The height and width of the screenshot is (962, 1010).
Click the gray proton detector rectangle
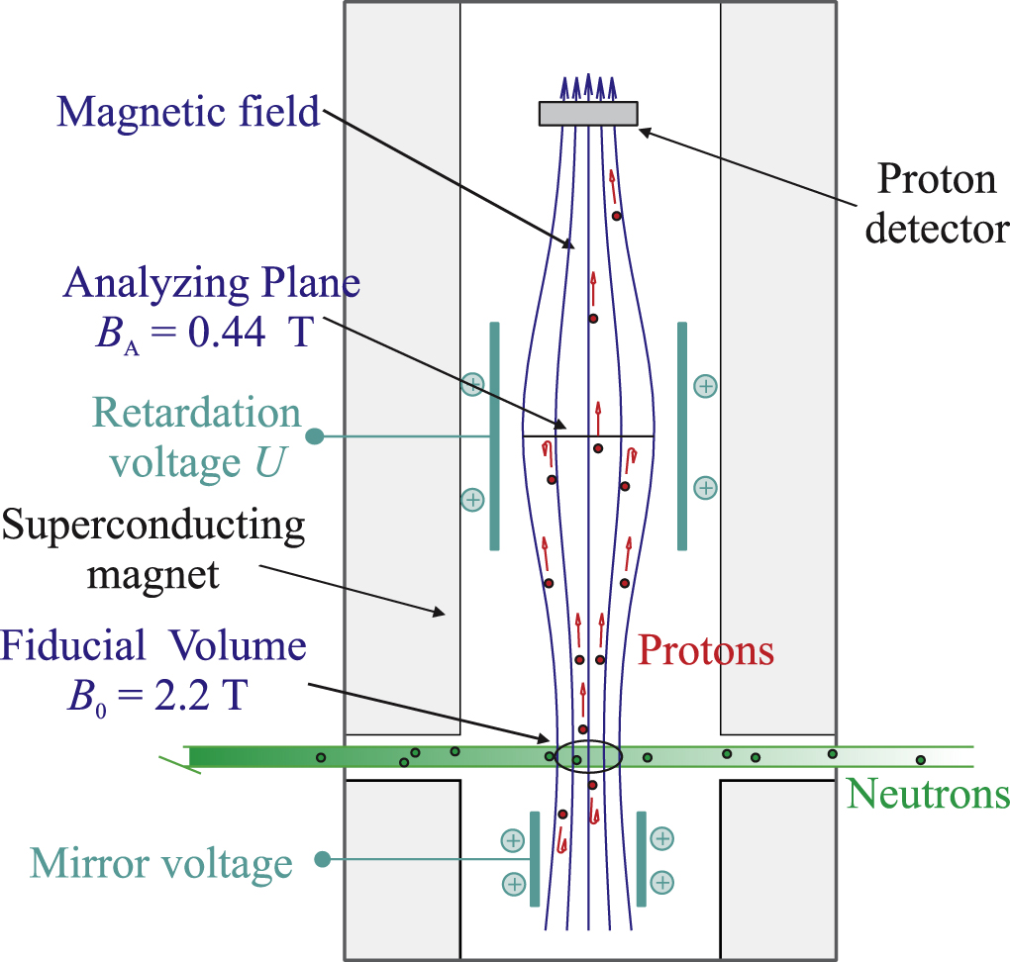(587, 114)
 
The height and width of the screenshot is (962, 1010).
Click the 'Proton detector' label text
(936, 204)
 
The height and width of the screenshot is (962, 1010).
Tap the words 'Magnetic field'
(188, 111)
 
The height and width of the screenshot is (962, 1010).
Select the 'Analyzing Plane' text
(212, 284)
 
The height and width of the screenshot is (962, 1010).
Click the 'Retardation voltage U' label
(196, 436)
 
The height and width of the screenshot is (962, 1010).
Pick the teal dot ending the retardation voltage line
(315, 435)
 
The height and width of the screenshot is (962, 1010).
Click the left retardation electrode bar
(494, 435)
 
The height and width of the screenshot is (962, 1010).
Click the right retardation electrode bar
(681, 435)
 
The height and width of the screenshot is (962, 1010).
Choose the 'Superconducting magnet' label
(153, 548)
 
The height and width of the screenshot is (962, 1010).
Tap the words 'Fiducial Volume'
(153, 647)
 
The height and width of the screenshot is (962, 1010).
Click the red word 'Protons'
(705, 650)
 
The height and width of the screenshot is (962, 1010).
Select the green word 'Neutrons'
(929, 794)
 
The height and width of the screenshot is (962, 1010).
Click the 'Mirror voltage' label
(161, 863)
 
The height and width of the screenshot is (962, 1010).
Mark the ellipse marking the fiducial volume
(588, 757)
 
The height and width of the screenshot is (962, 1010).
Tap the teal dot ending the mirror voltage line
(322, 860)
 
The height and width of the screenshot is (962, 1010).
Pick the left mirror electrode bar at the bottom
(535, 859)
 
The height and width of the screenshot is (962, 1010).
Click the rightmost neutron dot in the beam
(920, 760)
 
